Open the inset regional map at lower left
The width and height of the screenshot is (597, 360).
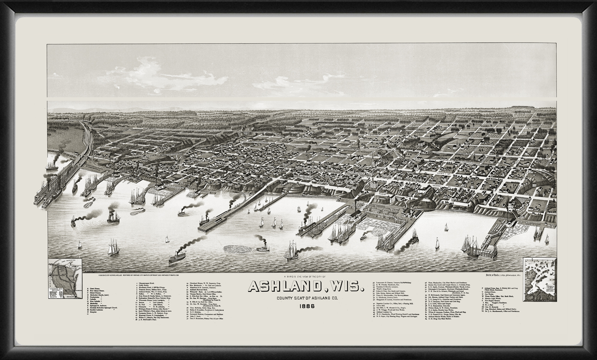pos(65,279)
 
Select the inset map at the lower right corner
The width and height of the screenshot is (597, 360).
pos(539,279)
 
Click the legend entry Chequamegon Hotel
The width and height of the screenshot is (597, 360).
pos(148,284)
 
